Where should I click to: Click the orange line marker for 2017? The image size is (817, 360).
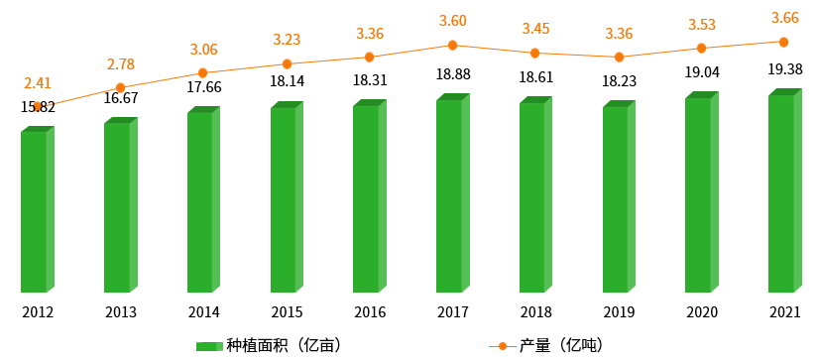point(452,45)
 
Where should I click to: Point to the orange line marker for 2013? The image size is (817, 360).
point(120,87)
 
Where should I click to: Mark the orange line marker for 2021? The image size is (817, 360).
point(784,42)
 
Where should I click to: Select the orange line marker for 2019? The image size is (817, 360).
point(619,58)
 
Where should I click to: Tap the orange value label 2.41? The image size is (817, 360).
point(38,82)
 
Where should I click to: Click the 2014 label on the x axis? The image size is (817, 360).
point(203,312)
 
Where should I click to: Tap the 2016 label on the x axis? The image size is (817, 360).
point(369,312)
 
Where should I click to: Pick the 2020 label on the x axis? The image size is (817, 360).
point(701,312)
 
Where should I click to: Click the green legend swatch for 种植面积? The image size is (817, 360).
point(209,345)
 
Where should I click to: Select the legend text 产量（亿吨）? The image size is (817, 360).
point(561,345)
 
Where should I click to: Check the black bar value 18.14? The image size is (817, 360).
point(287,81)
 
